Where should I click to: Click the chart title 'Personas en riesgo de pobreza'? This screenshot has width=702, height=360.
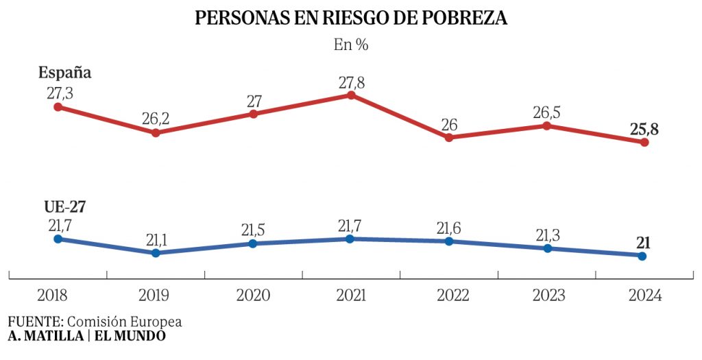point(351,19)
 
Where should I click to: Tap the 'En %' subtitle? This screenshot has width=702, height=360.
point(351,45)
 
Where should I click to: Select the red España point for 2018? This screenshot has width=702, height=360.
point(58,107)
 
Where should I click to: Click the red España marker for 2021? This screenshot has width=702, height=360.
point(351,95)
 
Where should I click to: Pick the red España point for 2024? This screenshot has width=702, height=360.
point(644,143)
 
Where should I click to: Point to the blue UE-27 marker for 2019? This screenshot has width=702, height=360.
point(156,253)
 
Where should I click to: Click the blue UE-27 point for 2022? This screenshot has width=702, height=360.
point(449,241)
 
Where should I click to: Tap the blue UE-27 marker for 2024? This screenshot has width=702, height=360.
point(642,256)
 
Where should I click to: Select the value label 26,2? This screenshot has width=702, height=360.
point(156,118)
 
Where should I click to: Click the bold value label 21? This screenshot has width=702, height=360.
point(643,242)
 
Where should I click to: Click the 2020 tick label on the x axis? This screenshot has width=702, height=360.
point(253,296)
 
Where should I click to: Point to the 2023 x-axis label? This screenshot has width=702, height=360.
point(546,296)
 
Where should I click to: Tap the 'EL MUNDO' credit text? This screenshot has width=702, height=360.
point(130,336)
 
